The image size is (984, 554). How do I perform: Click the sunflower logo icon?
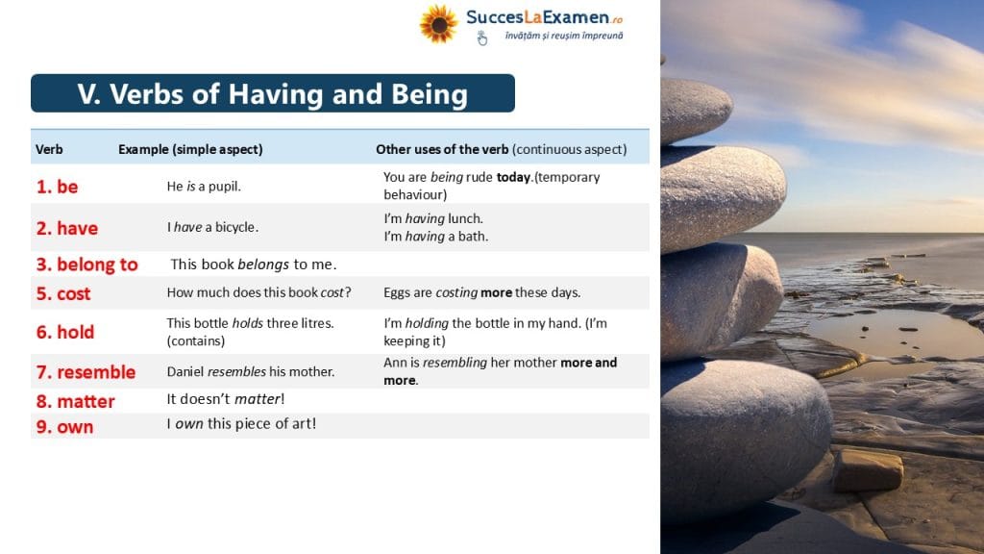click(x=438, y=24)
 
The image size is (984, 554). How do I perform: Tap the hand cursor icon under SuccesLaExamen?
click(x=481, y=38)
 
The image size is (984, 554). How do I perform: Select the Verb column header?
click(x=49, y=149)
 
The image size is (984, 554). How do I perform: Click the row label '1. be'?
click(x=57, y=187)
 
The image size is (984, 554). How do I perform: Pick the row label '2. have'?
click(x=67, y=228)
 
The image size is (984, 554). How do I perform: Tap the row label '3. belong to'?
click(x=87, y=264)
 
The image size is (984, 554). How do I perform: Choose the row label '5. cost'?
click(x=63, y=294)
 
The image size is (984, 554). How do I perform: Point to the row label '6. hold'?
click(x=65, y=332)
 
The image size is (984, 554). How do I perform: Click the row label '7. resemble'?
click(x=86, y=372)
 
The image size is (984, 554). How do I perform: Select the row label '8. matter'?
click(x=75, y=401)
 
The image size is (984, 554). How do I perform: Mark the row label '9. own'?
click(x=64, y=427)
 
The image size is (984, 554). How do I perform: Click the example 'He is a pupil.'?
click(x=204, y=187)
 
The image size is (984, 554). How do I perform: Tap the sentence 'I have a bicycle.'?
click(x=212, y=227)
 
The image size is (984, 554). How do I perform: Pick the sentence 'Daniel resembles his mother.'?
click(x=251, y=372)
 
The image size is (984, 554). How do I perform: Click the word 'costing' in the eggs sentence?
click(x=456, y=292)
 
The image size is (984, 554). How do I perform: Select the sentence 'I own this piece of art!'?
click(x=241, y=424)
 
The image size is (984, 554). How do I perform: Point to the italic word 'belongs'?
click(x=263, y=264)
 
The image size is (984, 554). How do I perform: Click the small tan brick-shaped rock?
click(x=868, y=469)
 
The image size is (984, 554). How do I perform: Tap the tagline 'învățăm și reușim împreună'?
click(x=564, y=36)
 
